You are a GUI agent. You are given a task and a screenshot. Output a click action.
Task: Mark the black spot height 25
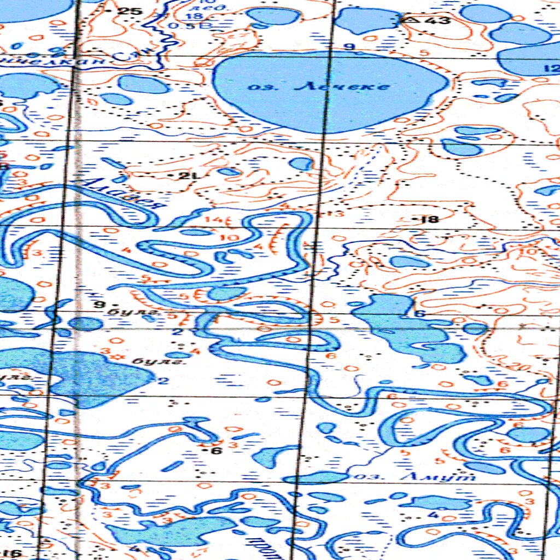132,11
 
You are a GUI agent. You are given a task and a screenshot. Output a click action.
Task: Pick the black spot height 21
189,176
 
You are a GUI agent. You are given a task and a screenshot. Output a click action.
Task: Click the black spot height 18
430,220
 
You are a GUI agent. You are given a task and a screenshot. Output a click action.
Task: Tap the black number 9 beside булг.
99,304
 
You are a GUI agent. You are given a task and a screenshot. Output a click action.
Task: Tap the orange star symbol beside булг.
115,357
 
